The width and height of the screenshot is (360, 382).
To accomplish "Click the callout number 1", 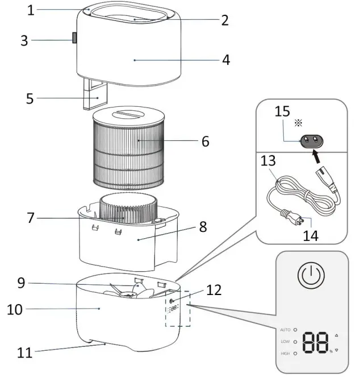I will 31,10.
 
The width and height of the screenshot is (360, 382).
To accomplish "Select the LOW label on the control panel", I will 284,342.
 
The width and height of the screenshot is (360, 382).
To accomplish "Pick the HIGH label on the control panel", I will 284,354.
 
